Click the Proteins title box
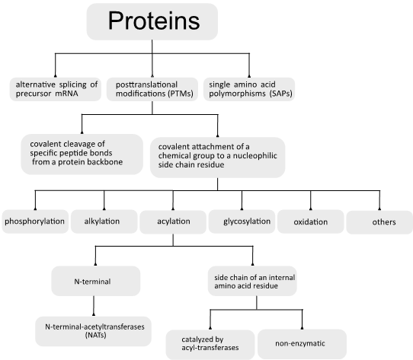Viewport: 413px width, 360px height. [x=152, y=21]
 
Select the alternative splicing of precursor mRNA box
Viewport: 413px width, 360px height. [x=56, y=89]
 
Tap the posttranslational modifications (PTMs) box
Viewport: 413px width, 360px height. [x=152, y=89]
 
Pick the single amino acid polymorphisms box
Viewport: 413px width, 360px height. [x=249, y=89]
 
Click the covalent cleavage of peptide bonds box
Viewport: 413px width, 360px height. [x=82, y=155]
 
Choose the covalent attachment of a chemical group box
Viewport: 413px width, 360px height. [x=218, y=158]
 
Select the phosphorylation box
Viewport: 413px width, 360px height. [x=35, y=221]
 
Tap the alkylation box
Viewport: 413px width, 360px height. [x=104, y=221]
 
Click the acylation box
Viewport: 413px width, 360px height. [x=173, y=222]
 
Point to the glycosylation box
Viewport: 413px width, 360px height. [x=242, y=221]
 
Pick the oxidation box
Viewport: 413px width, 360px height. [x=311, y=221]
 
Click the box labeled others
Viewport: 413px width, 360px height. [x=379, y=222]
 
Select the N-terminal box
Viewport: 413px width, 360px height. [x=95, y=281]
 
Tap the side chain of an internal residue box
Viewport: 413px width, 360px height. [x=252, y=281]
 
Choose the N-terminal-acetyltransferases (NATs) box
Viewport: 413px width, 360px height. [x=93, y=331]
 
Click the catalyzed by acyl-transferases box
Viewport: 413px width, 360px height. [x=210, y=345]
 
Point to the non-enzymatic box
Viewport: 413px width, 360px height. [x=302, y=344]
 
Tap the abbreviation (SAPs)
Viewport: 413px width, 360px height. [x=280, y=94]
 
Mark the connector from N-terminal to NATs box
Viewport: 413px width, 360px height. [x=94, y=306]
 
